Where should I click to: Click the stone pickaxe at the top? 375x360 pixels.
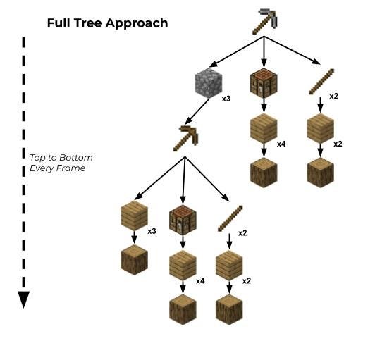(x=265, y=22)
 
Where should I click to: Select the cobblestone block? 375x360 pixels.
(x=209, y=83)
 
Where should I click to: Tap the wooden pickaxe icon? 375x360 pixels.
(x=185, y=138)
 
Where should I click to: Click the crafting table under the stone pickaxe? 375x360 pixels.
(x=264, y=83)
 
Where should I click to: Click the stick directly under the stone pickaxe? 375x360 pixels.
(x=321, y=82)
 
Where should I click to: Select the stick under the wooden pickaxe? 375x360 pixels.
(x=230, y=218)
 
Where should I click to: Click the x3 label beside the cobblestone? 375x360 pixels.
(x=226, y=99)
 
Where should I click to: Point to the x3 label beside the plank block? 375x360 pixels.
(x=152, y=231)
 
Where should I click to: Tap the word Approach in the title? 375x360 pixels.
(x=137, y=23)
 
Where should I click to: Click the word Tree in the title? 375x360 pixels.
(x=88, y=23)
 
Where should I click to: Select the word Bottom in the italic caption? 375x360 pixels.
(x=76, y=158)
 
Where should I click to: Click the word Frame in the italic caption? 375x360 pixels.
(x=72, y=168)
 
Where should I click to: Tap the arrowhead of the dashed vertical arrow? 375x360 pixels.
(x=23, y=299)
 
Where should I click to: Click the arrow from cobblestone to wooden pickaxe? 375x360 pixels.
(x=197, y=111)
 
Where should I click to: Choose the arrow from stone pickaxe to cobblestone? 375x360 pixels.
(x=236, y=52)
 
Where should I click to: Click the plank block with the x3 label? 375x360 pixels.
(x=134, y=216)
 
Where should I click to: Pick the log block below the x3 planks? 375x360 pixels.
(x=134, y=260)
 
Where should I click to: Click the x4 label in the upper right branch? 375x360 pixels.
(x=281, y=144)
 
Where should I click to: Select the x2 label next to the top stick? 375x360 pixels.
(x=334, y=97)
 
